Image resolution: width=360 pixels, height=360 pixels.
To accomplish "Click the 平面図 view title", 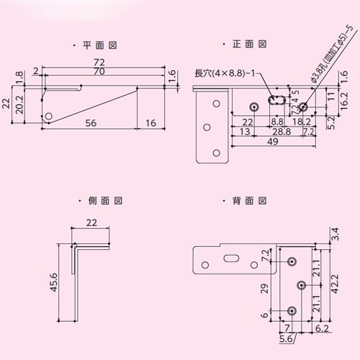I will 100,45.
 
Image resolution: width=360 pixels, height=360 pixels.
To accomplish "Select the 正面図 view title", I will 250,45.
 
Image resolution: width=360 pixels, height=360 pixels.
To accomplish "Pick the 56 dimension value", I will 91,124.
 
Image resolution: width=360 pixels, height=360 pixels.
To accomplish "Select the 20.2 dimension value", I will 20,107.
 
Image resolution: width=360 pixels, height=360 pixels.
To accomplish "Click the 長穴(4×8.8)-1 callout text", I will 225,73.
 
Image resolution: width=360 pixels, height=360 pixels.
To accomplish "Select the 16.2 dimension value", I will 344,103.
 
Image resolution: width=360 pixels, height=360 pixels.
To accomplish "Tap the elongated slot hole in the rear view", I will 230,259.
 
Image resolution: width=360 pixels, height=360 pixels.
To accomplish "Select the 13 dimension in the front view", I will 245,132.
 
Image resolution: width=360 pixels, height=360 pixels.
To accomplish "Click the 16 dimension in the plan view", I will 150,124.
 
